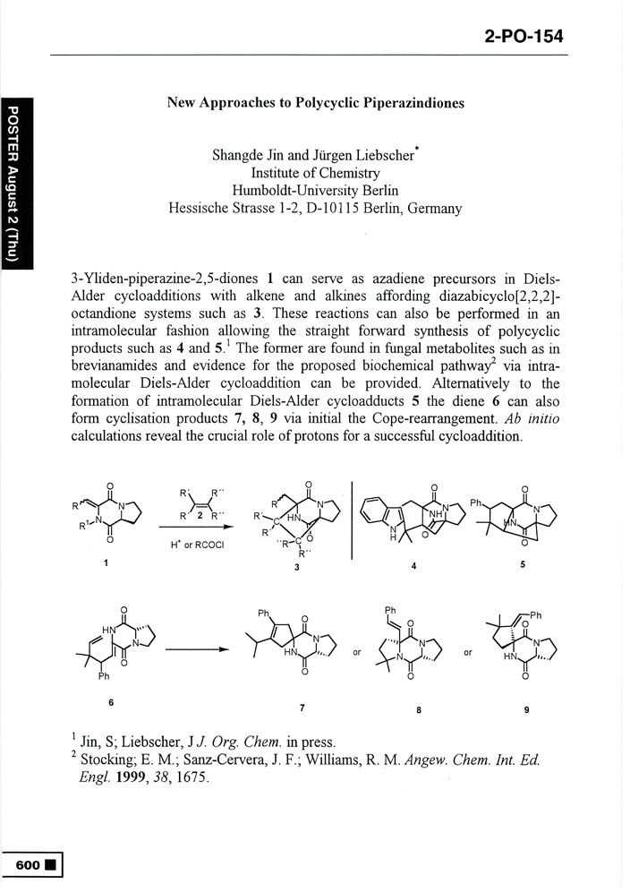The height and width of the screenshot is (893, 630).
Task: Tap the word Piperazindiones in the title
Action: (x=414, y=103)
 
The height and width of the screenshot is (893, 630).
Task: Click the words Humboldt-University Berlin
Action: (x=315, y=191)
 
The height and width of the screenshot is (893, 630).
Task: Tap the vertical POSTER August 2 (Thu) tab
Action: (x=15, y=184)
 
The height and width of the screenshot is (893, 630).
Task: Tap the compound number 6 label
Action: (x=111, y=701)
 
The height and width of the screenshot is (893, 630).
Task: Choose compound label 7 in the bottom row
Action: (x=302, y=708)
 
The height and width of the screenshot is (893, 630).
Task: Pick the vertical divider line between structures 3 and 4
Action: (x=352, y=528)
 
